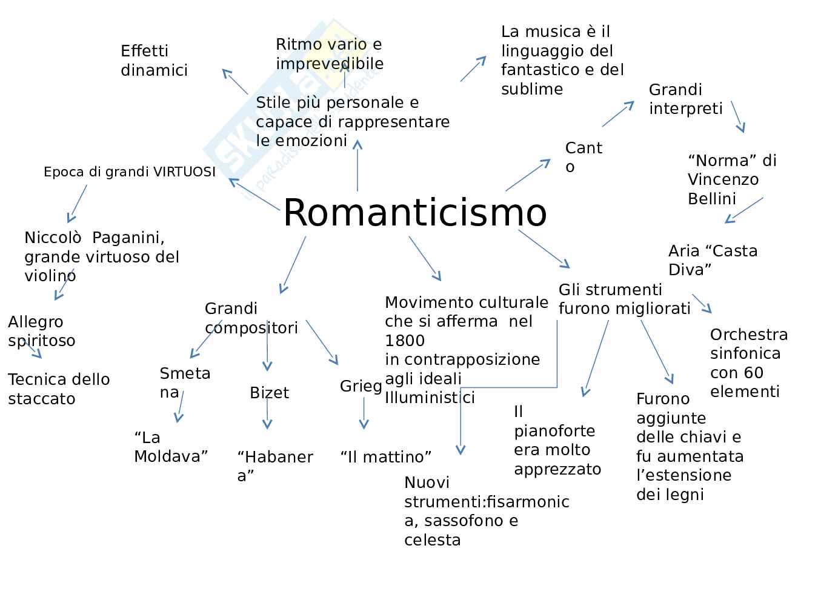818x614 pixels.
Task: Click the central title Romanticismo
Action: pos(414,213)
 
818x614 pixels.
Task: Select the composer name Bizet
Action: pos(269,393)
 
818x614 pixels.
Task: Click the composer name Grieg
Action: pos(361,386)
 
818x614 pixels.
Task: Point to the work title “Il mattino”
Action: pos(386,456)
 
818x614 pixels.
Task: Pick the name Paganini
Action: pos(128,238)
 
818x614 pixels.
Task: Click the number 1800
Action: pos(405,341)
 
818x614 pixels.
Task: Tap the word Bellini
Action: pos(711,199)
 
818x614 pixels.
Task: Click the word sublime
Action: pos(531,89)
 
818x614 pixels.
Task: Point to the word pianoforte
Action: pos(554,431)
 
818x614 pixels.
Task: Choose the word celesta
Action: pos(432,540)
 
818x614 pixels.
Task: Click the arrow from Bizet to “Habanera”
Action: pos(267,415)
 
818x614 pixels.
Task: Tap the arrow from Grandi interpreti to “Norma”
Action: pos(737,116)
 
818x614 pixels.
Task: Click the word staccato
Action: pos(42,399)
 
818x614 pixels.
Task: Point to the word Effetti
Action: pos(144,51)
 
